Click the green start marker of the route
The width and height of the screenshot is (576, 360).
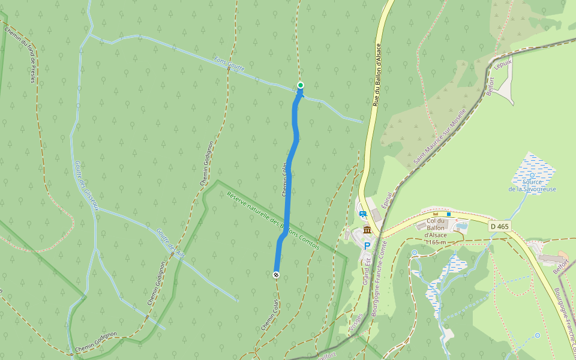point(301,85)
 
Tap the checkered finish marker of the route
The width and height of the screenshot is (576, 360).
point(276,275)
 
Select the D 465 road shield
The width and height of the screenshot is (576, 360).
point(499,226)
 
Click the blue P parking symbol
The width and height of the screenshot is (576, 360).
point(367,245)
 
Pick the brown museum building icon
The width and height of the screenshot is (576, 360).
point(367,230)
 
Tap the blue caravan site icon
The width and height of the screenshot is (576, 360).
point(362,214)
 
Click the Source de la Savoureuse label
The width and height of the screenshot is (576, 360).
point(532,185)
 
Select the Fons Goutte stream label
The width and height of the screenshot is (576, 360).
point(230,64)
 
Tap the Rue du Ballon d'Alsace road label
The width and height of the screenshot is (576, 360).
point(377,74)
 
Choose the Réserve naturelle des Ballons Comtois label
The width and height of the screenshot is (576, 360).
point(273,220)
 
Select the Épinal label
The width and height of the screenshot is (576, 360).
point(386,205)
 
